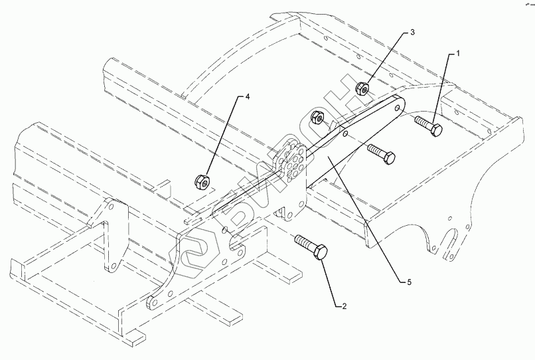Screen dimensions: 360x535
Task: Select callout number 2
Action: [x=343, y=306]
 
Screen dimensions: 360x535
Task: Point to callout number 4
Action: [x=248, y=98]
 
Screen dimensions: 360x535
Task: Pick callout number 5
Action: [x=410, y=282]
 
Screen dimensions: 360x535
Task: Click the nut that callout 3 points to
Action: [x=363, y=88]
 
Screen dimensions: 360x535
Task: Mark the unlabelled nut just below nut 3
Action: [x=319, y=118]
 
